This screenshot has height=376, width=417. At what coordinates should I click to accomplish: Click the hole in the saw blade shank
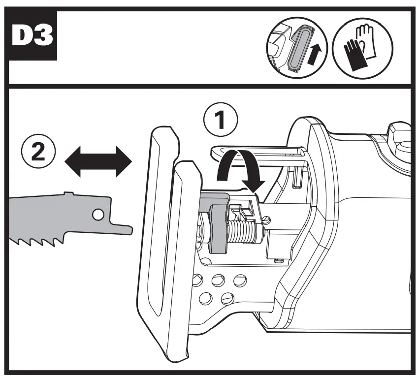tap(98, 214)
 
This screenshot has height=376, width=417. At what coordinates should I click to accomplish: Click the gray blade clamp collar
tap(217, 226)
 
